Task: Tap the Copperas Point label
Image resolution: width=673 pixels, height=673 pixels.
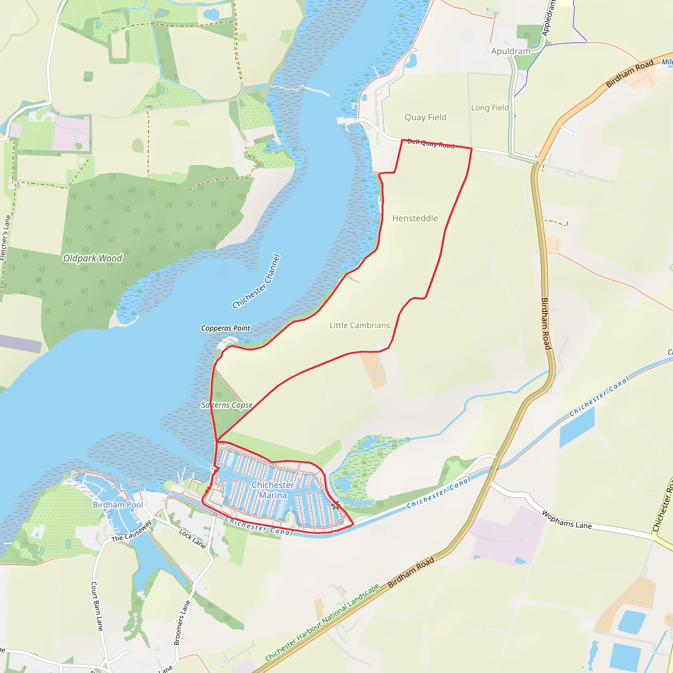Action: (226, 328)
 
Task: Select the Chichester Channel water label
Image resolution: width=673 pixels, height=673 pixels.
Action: (256, 282)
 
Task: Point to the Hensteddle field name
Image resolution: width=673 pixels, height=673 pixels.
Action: (415, 219)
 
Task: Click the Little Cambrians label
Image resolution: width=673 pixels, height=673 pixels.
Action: (360, 325)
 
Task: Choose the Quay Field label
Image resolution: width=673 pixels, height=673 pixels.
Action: (425, 117)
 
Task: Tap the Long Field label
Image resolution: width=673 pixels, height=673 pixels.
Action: (490, 108)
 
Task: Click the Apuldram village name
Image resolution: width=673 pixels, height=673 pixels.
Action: (511, 52)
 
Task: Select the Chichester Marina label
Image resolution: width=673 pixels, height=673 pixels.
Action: (273, 490)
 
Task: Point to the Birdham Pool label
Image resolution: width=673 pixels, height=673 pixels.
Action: (118, 505)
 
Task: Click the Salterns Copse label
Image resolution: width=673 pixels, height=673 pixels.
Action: (227, 405)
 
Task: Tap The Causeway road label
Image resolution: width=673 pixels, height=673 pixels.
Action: (132, 532)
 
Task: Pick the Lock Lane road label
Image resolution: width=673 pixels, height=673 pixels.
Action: (192, 539)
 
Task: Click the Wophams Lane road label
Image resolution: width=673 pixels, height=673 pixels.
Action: (567, 520)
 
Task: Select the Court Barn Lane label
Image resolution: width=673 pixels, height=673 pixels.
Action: (97, 606)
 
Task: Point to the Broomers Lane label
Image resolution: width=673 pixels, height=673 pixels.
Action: (182, 623)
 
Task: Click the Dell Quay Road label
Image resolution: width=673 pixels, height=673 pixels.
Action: (430, 144)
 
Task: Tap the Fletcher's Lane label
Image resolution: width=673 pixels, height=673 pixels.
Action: (5, 238)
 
